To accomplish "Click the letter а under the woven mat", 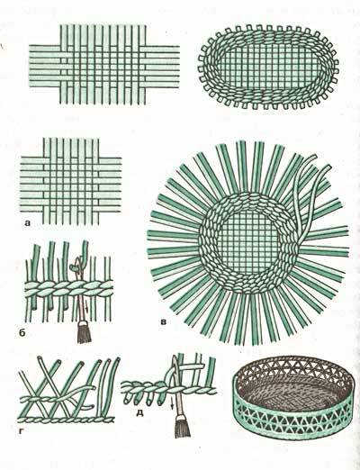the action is coord(28,223).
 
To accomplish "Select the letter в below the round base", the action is coord(164,323).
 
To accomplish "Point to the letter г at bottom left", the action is coord(21,431).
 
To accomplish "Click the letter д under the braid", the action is coord(139,413).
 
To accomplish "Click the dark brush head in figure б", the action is coord(84,332).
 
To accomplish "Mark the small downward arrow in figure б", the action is coord(87,307).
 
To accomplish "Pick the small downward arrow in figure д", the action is coord(173,404).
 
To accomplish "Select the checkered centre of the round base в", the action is coord(247,241).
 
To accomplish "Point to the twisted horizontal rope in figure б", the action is coord(69,289).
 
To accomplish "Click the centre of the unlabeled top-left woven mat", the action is coord(103,65).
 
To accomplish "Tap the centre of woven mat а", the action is coord(71,181).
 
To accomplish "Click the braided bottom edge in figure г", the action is coord(67,420).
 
